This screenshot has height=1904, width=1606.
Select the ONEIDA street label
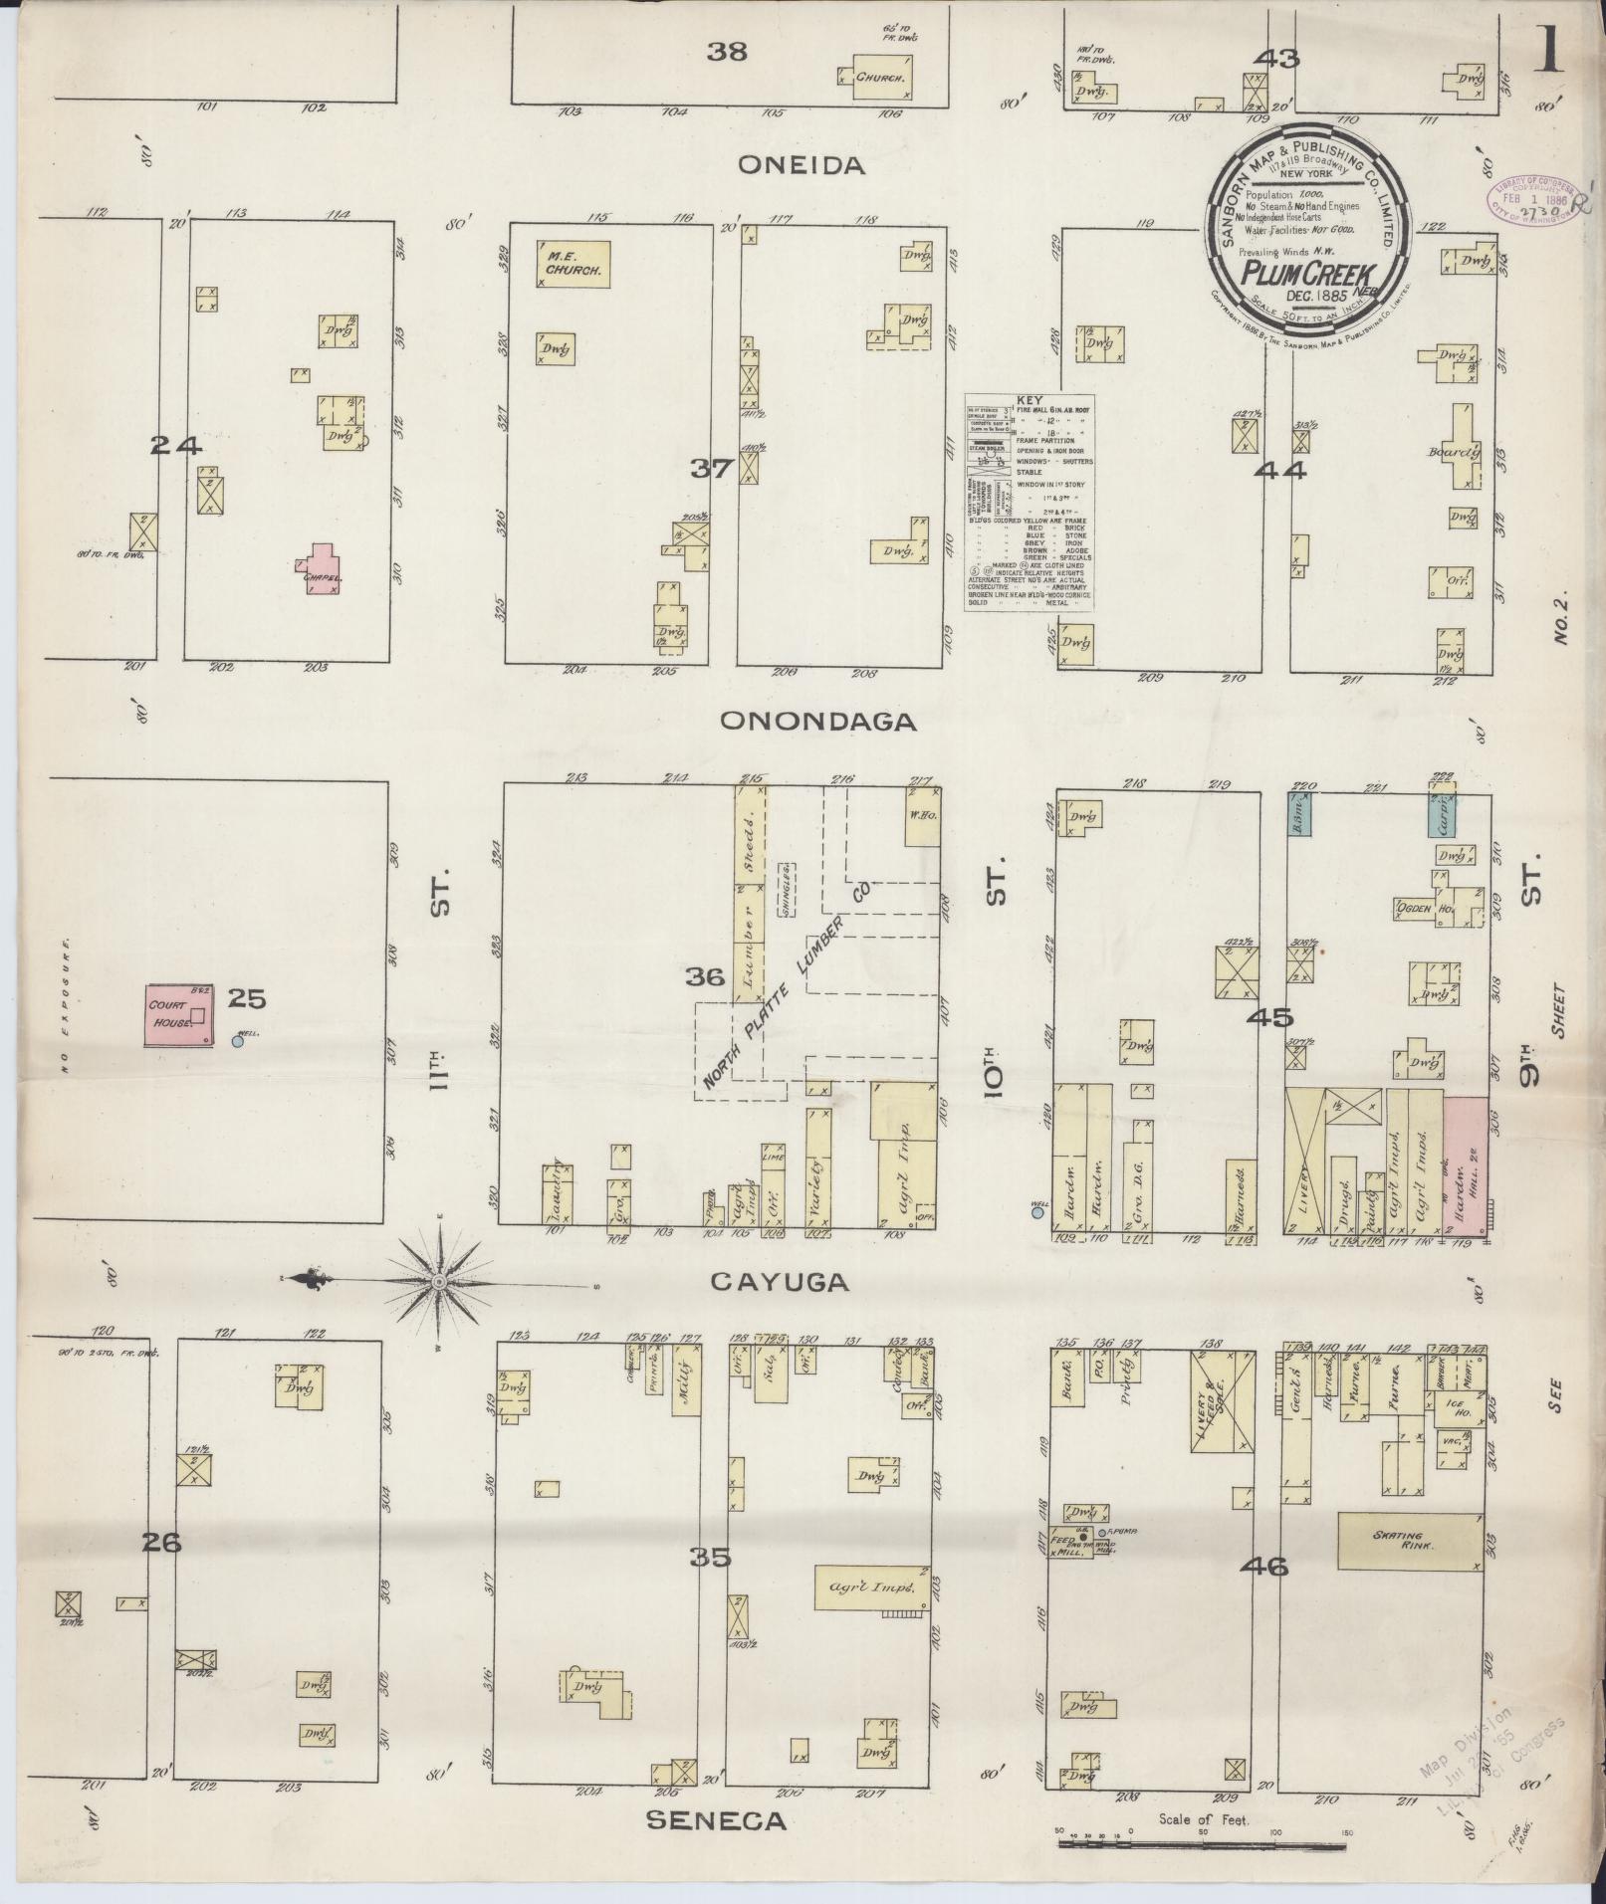point(802,166)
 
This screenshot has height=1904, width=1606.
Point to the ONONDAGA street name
point(817,722)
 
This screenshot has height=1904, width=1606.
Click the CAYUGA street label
point(780,1283)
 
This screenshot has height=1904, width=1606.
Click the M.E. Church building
point(573,263)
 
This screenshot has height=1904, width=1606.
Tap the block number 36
point(704,977)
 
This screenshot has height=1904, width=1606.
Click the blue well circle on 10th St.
point(1038,1212)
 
